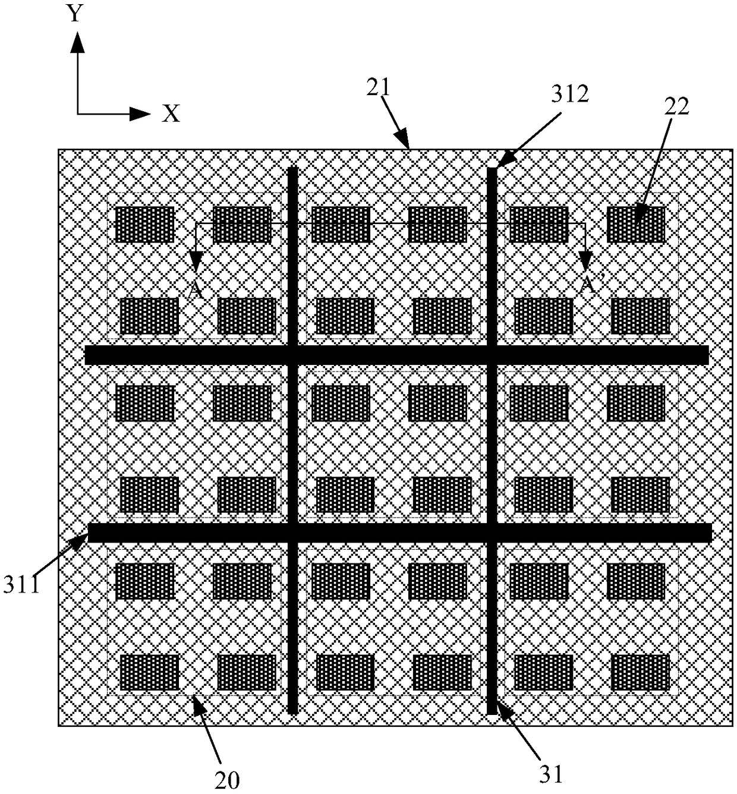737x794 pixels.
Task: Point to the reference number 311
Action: [23, 585]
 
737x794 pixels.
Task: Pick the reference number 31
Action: [551, 773]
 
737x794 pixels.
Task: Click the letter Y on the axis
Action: [75, 12]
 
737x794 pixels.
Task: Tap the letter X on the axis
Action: [171, 113]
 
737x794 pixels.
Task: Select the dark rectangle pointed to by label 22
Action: [636, 225]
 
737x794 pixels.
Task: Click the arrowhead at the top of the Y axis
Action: [77, 40]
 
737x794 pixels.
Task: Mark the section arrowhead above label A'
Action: [585, 259]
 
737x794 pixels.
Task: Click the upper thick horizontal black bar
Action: [396, 355]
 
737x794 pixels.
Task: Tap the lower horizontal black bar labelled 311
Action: [399, 533]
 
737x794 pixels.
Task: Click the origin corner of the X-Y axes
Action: [77, 113]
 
